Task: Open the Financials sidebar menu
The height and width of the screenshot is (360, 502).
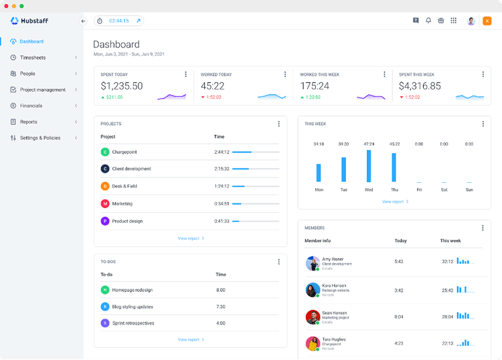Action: [x=31, y=106]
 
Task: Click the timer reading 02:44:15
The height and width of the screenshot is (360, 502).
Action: [x=119, y=21]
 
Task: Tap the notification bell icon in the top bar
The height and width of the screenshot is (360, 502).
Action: [x=428, y=21]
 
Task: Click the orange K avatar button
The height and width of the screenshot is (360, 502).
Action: [x=487, y=21]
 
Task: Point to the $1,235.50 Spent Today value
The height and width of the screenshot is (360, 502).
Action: [x=122, y=86]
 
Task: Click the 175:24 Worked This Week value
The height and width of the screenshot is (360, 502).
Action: [x=315, y=86]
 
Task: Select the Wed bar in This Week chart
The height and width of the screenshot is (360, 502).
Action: [x=369, y=166]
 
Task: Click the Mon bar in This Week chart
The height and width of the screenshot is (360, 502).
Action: [x=319, y=173]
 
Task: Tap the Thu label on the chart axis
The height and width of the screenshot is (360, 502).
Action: [x=394, y=190]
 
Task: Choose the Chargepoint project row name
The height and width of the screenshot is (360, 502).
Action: [x=124, y=152]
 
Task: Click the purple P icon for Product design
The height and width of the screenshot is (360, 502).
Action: [x=105, y=221]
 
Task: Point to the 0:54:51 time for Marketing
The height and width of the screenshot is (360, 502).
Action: [x=222, y=203]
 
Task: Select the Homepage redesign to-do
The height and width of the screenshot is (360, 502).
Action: [x=133, y=290]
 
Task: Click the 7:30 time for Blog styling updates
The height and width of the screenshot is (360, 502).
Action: [x=221, y=306]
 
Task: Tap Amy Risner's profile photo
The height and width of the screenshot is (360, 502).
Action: [x=312, y=263]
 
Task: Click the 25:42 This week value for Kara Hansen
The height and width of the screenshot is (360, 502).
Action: [x=448, y=290]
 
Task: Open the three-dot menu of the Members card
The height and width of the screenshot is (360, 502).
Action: [x=483, y=228]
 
